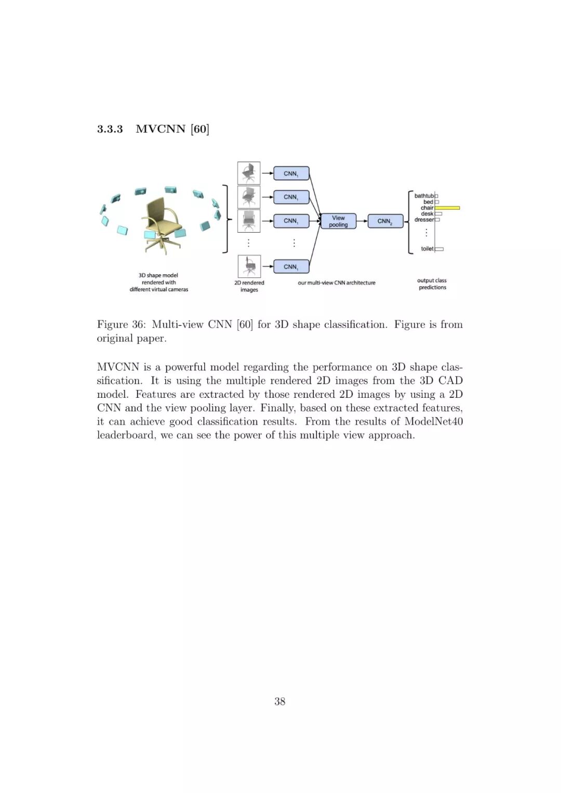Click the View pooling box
pyautogui.click(x=338, y=221)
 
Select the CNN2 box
pyautogui.click(x=385, y=221)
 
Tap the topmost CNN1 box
pyautogui.click(x=291, y=173)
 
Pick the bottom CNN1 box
pyautogui.click(x=291, y=267)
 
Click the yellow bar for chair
pyautogui.click(x=447, y=208)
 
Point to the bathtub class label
pyautogui.click(x=424, y=196)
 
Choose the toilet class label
pyautogui.click(x=427, y=249)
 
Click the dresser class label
pyautogui.click(x=424, y=220)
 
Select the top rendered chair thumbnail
pyautogui.click(x=249, y=173)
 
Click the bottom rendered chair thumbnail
pyautogui.click(x=249, y=266)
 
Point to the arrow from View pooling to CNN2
pyautogui.click(x=362, y=221)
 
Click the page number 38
pyautogui.click(x=280, y=702)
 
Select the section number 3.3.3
pyautogui.click(x=110, y=129)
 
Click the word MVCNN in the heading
pyautogui.click(x=161, y=129)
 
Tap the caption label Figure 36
pyautogui.click(x=121, y=325)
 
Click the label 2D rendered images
pyautogui.click(x=249, y=286)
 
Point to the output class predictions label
pyautogui.click(x=432, y=284)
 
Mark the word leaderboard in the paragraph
pyautogui.click(x=126, y=435)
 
